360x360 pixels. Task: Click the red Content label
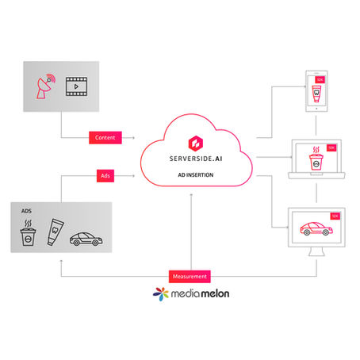coord(105,137)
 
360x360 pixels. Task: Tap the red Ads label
coord(105,174)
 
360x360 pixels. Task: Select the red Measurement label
coord(189,276)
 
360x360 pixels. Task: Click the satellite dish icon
coord(45,87)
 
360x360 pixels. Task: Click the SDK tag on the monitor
coord(334,216)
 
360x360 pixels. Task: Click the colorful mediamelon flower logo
coord(159,294)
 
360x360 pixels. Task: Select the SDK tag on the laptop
coord(333,147)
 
